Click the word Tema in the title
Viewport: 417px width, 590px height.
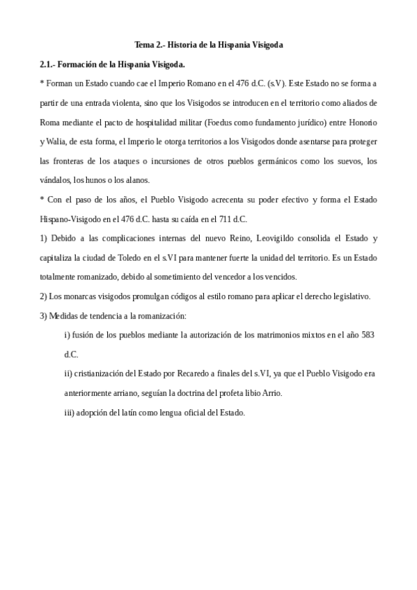coord(144,45)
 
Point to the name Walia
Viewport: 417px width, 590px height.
coord(57,141)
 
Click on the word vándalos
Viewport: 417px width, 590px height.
coord(56,180)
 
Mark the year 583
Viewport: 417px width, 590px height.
coord(368,335)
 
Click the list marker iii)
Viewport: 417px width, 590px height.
coord(70,413)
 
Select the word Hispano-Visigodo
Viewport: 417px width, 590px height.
coord(72,219)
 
